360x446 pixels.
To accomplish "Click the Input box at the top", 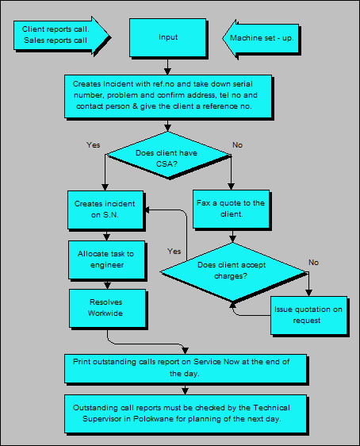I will click(x=168, y=37).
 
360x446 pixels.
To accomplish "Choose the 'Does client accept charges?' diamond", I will click(x=233, y=272).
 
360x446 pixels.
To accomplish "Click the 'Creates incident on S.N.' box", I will click(x=105, y=210).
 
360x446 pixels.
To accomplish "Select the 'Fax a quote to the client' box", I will click(x=231, y=209).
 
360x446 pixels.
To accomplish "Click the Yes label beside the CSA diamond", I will click(x=94, y=145).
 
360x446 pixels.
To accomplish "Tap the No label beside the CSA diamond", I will click(x=236, y=145).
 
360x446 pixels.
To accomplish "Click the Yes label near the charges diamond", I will click(x=174, y=251).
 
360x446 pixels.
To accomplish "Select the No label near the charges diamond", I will click(x=313, y=262).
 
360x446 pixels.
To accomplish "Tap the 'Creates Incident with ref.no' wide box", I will click(x=167, y=94).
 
